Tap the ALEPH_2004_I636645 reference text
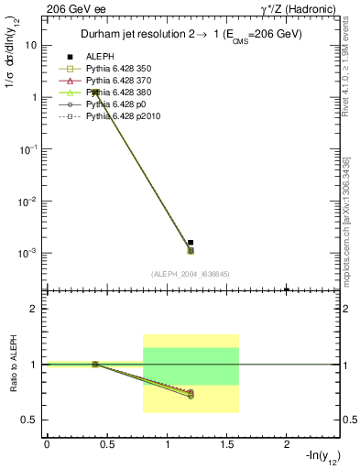(x=191, y=274)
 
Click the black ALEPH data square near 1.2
(x=191, y=243)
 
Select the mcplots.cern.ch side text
(x=351, y=229)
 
